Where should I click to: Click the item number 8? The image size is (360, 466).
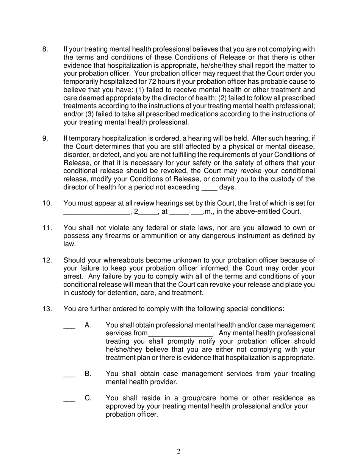click(45, 49)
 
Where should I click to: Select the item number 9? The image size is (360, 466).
click(45, 138)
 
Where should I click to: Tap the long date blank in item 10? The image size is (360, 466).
click(96, 211)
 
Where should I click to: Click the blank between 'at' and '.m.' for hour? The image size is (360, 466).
click(179, 211)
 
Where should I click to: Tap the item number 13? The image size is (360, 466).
click(47, 309)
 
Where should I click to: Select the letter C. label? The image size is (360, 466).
click(88, 398)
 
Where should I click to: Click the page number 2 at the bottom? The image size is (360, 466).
click(178, 451)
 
